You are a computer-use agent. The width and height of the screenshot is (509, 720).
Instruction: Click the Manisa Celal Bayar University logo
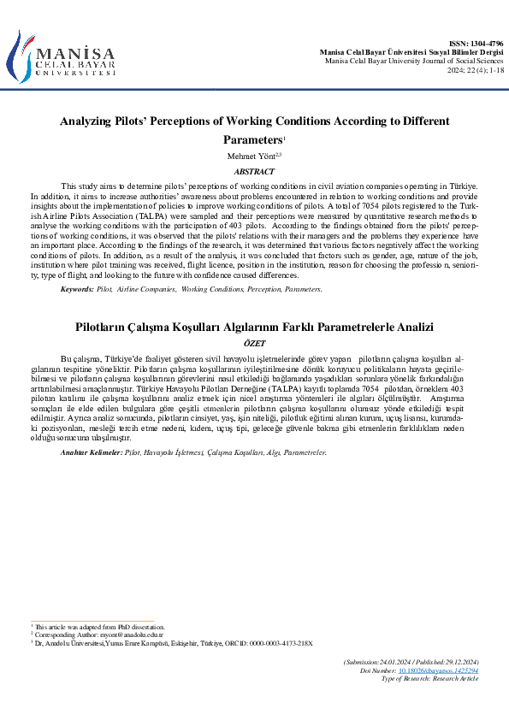click(x=62, y=57)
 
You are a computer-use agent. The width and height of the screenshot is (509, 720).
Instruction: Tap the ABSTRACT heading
click(x=254, y=172)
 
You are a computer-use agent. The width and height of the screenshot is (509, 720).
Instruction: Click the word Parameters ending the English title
click(x=252, y=140)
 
